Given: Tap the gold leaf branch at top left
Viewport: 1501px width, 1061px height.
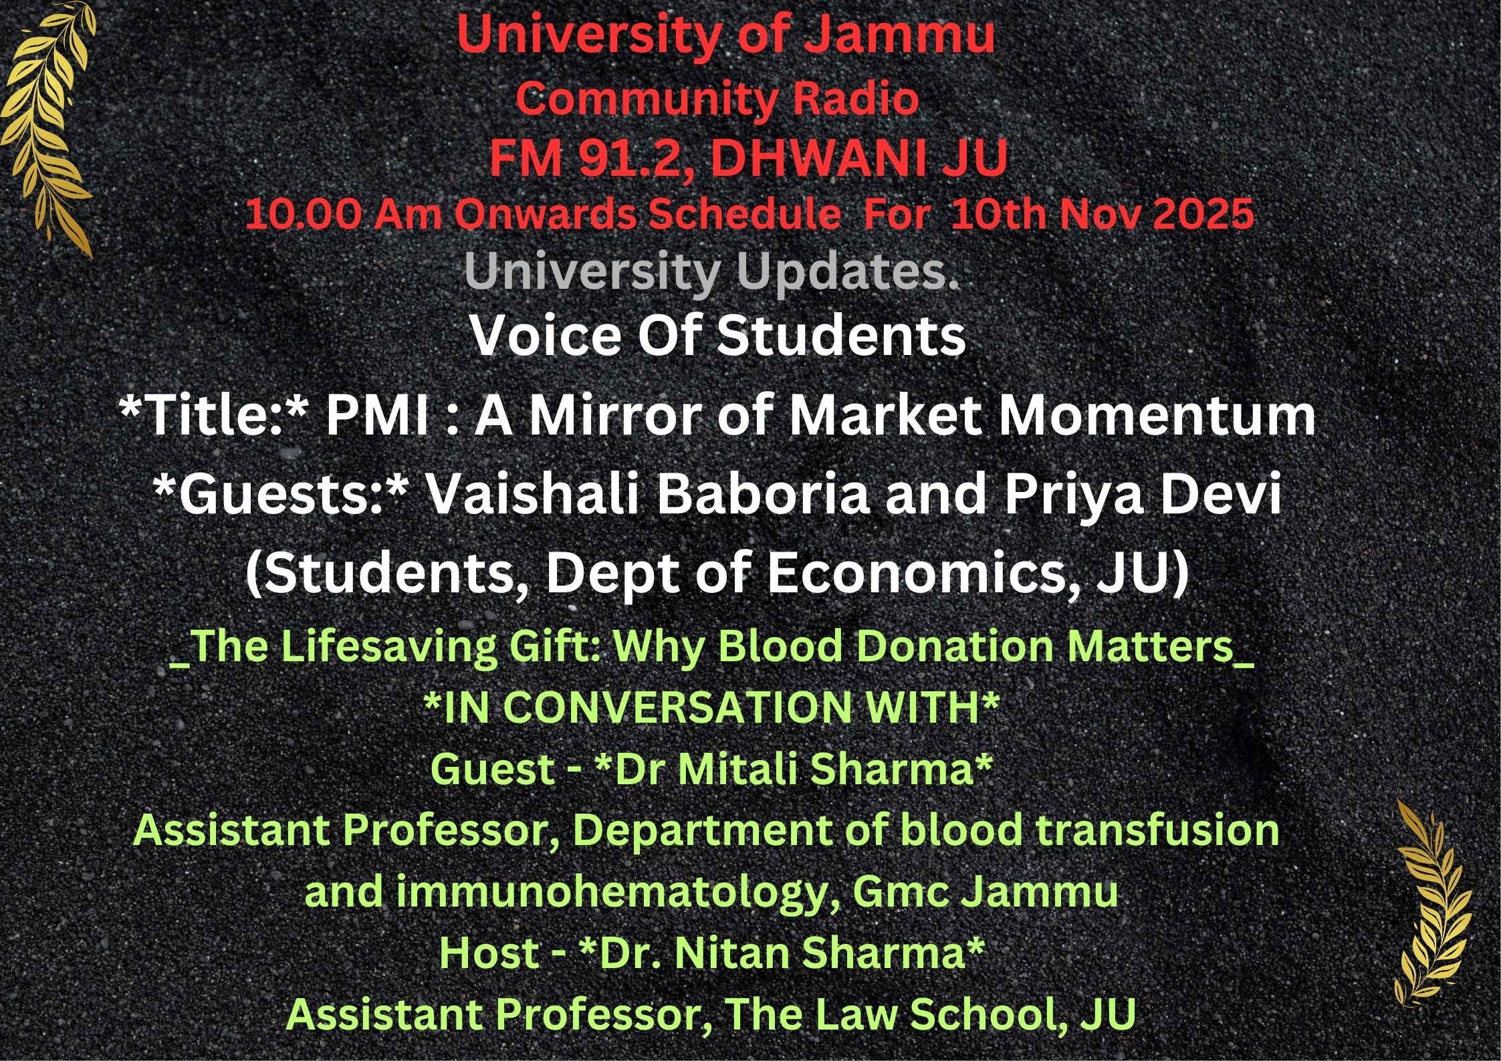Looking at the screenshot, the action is [x=48, y=127].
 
